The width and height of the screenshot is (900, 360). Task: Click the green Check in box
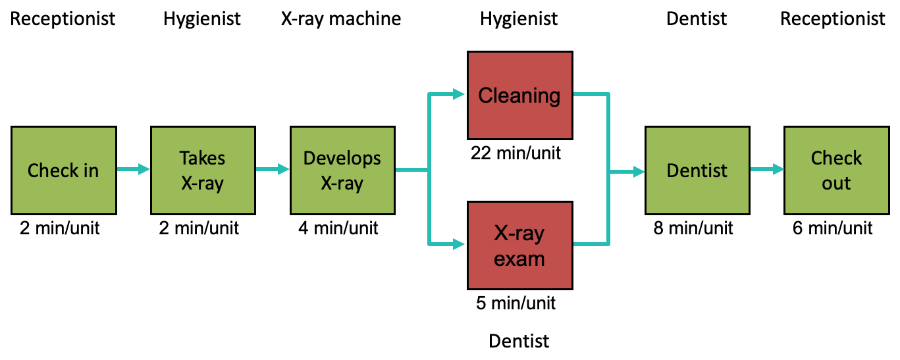[x=63, y=170]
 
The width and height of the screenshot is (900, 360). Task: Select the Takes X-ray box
[x=203, y=170]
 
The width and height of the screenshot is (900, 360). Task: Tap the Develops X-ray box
[x=342, y=170]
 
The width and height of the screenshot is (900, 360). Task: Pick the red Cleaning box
[x=519, y=95]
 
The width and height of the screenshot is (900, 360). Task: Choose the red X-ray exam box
[x=519, y=245]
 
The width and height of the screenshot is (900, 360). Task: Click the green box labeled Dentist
[x=697, y=170]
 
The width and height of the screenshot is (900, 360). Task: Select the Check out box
[x=836, y=170]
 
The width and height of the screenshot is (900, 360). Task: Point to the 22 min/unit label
[x=516, y=153]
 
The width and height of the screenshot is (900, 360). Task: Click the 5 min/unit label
[x=516, y=303]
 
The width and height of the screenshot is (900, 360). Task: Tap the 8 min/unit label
[x=693, y=228]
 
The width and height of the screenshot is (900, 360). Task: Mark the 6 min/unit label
[x=832, y=228]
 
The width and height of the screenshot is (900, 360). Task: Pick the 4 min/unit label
[x=338, y=228]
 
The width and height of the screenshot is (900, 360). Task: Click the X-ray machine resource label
[x=341, y=19]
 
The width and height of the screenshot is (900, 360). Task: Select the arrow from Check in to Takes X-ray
[x=133, y=170]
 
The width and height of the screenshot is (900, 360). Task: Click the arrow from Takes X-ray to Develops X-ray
[x=273, y=170]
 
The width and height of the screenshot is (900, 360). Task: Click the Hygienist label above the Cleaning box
[x=519, y=19]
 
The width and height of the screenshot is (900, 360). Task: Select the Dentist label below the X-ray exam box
[x=519, y=341]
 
